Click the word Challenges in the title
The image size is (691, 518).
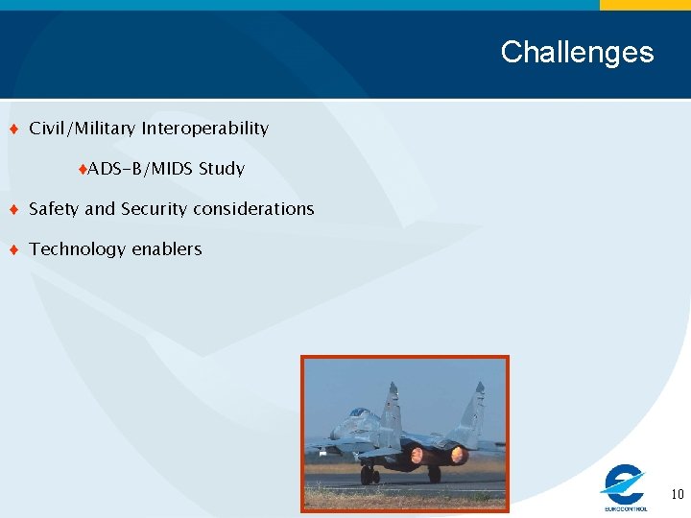click(577, 52)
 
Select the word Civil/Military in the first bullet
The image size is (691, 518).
click(83, 129)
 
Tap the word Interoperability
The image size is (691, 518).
click(205, 129)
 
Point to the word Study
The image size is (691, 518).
click(222, 169)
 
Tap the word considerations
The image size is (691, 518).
click(257, 209)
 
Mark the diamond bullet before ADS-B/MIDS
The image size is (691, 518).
click(83, 170)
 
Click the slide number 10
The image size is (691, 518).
click(677, 495)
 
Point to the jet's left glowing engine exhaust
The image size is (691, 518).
click(417, 455)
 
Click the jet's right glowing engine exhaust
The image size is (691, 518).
click(458, 454)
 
